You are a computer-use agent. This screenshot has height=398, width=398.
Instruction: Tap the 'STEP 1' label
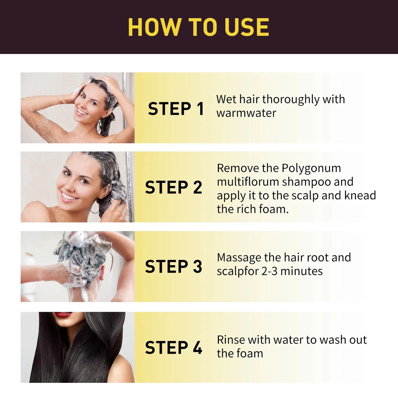pyautogui.click(x=176, y=109)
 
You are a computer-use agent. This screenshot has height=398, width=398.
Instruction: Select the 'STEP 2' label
pyautogui.click(x=174, y=188)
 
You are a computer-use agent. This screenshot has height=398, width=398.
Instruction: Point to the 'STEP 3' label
pyautogui.click(x=174, y=267)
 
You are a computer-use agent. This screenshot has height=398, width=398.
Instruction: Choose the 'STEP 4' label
pyautogui.click(x=174, y=348)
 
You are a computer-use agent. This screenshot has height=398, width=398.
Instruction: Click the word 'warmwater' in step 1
pyautogui.click(x=246, y=113)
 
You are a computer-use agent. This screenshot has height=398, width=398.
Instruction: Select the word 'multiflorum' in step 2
pyautogui.click(x=248, y=182)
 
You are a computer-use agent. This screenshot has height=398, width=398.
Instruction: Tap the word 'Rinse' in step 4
pyautogui.click(x=231, y=340)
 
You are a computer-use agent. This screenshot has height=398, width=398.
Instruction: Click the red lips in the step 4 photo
pyautogui.click(x=63, y=315)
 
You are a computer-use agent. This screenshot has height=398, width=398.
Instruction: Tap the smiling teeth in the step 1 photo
pyautogui.click(x=82, y=112)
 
